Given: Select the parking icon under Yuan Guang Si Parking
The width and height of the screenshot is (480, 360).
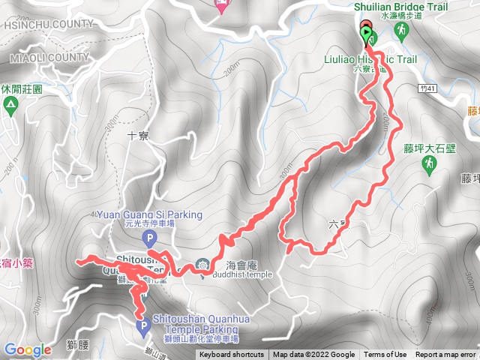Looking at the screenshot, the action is [149, 239].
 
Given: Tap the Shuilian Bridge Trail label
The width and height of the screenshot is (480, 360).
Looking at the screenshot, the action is [406, 7].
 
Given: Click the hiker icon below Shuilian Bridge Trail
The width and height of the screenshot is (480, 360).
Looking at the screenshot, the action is [401, 31].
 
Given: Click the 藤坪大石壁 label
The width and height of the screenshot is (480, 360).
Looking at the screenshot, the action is [429, 148].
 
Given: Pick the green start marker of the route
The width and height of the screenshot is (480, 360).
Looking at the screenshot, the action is [367, 35].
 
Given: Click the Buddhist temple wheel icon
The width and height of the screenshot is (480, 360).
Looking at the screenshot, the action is [203, 264].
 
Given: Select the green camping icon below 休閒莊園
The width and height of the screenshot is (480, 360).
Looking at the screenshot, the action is [10, 106].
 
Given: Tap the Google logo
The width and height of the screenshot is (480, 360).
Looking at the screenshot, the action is [28, 349].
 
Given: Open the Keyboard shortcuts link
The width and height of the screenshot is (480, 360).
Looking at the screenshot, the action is [232, 355].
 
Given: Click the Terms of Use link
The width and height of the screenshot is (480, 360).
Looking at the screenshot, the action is [385, 355].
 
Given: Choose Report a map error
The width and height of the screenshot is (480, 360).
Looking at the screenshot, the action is [445, 355].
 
